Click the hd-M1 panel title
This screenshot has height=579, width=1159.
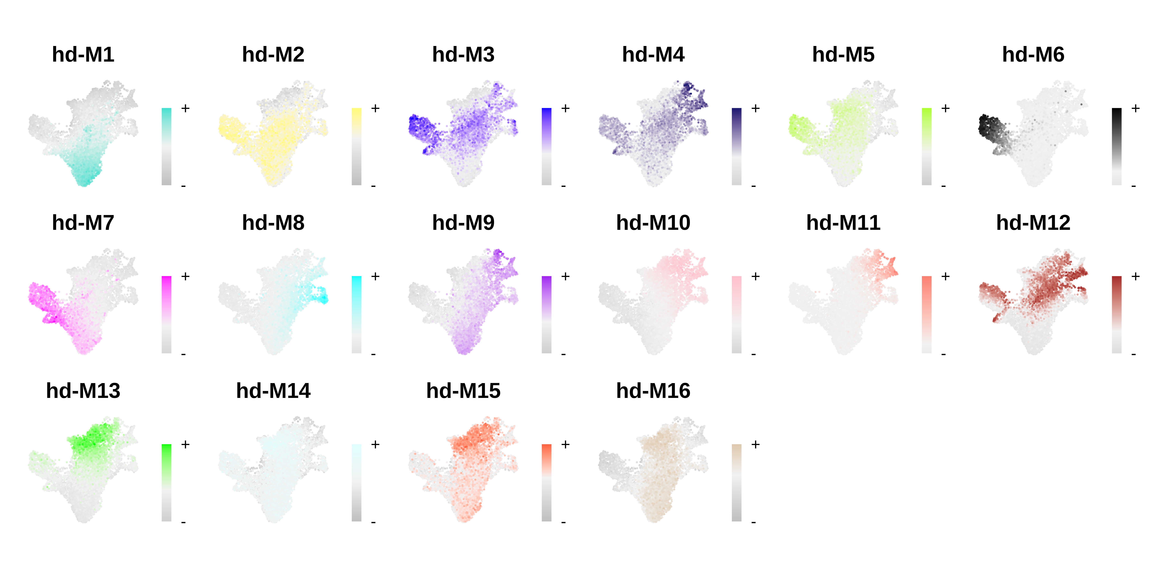pos(83,55)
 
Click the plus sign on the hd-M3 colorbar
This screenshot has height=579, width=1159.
pos(565,108)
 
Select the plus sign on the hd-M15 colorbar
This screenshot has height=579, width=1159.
pos(565,445)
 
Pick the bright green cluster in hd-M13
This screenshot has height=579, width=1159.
pos(92,436)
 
